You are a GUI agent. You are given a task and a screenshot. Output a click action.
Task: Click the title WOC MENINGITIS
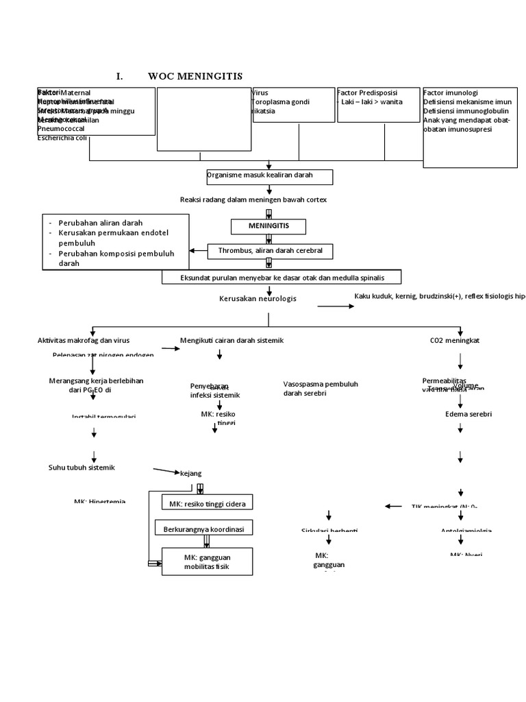point(195,76)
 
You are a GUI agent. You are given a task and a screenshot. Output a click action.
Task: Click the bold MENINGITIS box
point(268,226)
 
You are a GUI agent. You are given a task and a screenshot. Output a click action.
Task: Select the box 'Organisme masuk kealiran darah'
point(269,177)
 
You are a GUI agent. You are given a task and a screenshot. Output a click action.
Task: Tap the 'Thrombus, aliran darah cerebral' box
point(269,252)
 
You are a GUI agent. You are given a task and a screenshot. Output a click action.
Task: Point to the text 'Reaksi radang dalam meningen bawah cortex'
point(253,199)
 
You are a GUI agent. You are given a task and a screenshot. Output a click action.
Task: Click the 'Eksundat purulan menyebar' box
point(281,277)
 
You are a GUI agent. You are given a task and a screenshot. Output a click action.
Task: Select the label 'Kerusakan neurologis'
point(258,299)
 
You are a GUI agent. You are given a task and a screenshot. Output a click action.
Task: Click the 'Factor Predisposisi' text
point(368,93)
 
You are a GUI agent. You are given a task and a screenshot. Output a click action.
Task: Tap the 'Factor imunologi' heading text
point(451,93)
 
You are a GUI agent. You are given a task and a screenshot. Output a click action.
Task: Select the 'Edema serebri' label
point(468,414)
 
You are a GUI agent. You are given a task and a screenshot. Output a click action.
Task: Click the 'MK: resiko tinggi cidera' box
point(207,504)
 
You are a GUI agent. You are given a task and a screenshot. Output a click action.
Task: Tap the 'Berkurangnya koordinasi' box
point(204,529)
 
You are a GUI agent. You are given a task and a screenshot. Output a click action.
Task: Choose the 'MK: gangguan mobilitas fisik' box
point(207,561)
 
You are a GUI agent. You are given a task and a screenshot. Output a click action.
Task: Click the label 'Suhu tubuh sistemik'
point(81,468)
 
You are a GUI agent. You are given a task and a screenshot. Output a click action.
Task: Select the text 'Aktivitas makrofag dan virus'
point(83,340)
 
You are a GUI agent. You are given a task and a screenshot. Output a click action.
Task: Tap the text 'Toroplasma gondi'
point(281,102)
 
